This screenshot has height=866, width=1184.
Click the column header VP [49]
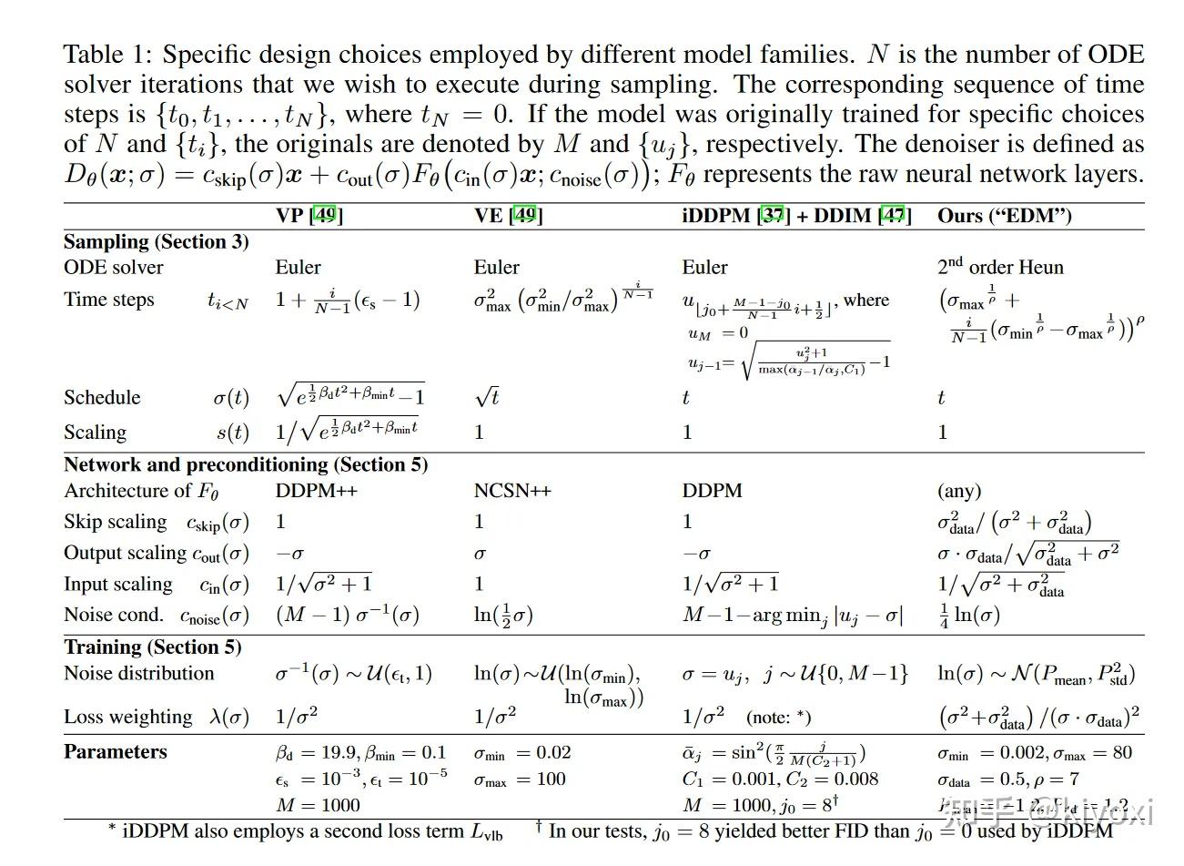[309, 216]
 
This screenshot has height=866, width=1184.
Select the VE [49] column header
[508, 216]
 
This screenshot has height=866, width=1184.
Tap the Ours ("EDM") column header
[1004, 216]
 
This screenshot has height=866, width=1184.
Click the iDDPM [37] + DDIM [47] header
[796, 216]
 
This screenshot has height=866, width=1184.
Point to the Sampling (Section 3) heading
[156, 242]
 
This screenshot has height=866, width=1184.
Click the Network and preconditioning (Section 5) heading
[245, 464]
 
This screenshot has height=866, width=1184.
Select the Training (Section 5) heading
[152, 647]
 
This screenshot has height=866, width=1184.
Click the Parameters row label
[116, 752]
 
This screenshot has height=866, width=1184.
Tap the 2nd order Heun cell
[1000, 267]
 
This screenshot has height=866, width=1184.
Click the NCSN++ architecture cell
[512, 491]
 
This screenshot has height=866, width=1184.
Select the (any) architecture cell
[959, 491]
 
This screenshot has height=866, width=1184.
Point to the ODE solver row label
[114, 268]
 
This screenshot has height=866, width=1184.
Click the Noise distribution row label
[138, 674]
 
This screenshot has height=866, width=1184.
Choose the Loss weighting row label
[127, 718]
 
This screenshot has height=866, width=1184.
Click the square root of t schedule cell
[487, 397]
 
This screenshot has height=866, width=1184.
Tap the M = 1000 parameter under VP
[318, 805]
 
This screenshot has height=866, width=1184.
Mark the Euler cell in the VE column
[496, 268]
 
